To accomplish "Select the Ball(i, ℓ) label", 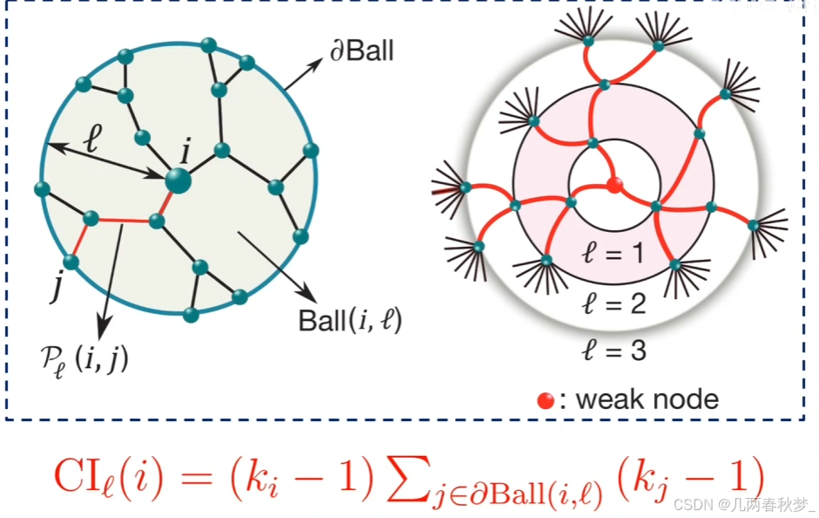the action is click(349, 320).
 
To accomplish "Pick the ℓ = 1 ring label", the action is click(614, 254).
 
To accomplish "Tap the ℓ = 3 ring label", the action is click(614, 351).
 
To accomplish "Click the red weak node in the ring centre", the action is click(614, 184).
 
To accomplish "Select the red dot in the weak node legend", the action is click(545, 400).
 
